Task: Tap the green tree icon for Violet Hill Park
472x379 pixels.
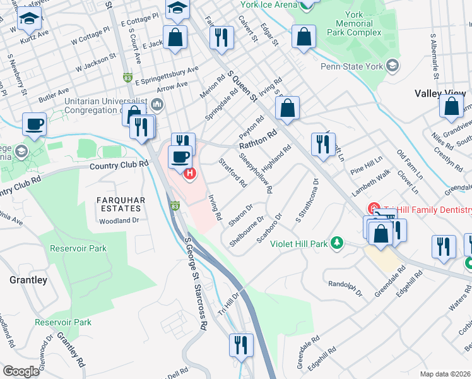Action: (338, 243)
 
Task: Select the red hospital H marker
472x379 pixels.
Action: (188, 173)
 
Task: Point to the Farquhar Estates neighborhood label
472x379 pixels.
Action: (118, 203)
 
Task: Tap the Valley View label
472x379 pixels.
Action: (440, 93)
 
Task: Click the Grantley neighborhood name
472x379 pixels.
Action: (28, 279)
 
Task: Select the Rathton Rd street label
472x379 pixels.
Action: (258, 140)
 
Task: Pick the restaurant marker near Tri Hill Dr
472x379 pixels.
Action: (240, 345)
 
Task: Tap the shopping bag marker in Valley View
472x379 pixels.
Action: (453, 107)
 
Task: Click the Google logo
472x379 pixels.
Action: (21, 371)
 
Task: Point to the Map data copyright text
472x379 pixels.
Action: (445, 374)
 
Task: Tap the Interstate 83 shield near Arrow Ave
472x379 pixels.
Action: (128, 77)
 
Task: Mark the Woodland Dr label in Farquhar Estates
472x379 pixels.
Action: (119, 221)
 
